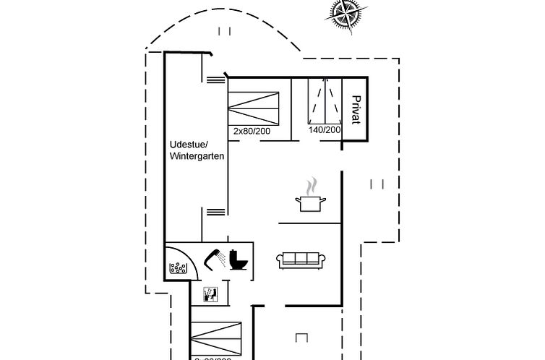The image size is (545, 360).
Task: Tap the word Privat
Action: [x=356, y=109]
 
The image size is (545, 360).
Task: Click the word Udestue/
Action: [x=186, y=144]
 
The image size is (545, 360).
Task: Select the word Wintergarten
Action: [x=197, y=156]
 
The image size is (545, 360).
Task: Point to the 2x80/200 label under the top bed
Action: [x=253, y=131]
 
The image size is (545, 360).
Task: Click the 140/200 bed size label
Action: [x=325, y=130]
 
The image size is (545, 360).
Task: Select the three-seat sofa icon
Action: [x=302, y=259]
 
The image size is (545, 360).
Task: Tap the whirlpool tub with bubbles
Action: [x=179, y=267]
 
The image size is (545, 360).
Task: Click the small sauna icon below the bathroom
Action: [x=210, y=293]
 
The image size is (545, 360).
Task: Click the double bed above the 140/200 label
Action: [x=325, y=100]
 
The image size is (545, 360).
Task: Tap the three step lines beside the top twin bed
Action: [x=215, y=80]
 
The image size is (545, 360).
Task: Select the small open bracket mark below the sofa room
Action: [x=302, y=336]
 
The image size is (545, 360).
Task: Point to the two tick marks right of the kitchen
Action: [x=377, y=184]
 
